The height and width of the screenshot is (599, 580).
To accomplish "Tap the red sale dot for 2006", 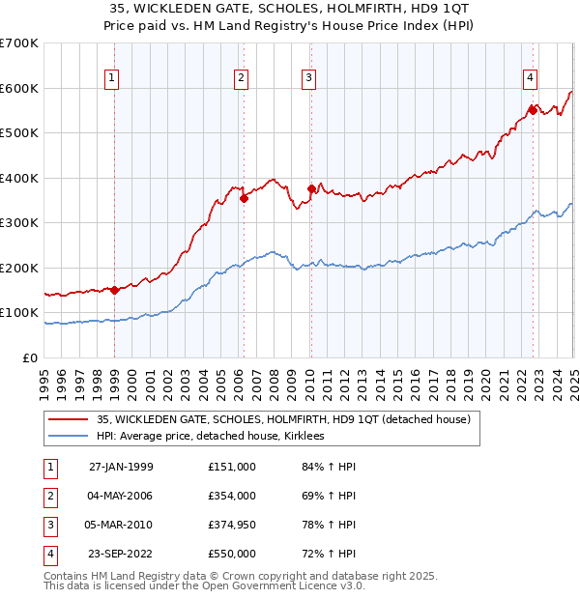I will point(244,199).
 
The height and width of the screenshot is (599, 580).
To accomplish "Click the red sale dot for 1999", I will point(115,290).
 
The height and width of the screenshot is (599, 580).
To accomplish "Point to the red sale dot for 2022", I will point(533,109).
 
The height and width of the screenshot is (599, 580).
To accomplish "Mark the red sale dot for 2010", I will point(311,189).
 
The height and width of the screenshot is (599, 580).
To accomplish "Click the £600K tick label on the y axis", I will point(18,88).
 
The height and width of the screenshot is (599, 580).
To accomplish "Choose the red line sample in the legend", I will point(69,419).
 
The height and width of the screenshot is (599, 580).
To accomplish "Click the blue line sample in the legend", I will point(69,436).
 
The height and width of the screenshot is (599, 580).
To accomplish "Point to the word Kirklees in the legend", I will point(312,436).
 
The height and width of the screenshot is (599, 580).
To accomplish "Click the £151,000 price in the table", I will point(231,466).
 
